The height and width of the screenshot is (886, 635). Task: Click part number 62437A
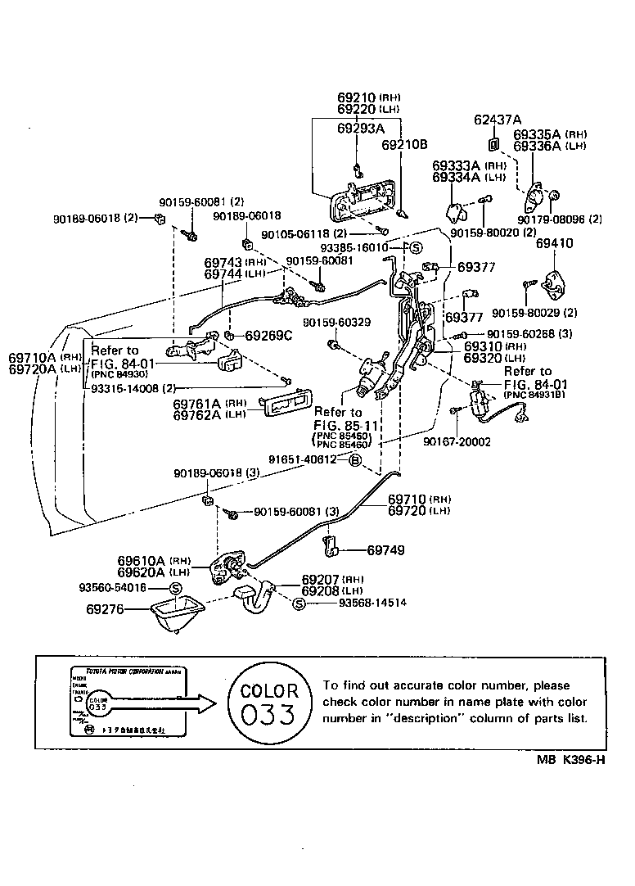pyautogui.click(x=498, y=120)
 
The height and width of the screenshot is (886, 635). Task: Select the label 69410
pyautogui.click(x=555, y=243)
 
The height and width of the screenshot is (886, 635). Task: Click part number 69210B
pyautogui.click(x=405, y=145)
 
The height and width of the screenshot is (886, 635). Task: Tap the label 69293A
pyautogui.click(x=361, y=129)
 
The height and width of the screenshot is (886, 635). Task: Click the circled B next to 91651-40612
pyautogui.click(x=354, y=460)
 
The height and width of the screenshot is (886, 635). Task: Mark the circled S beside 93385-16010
pyautogui.click(x=415, y=246)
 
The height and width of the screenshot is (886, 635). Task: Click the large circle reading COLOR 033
pyautogui.click(x=268, y=701)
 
